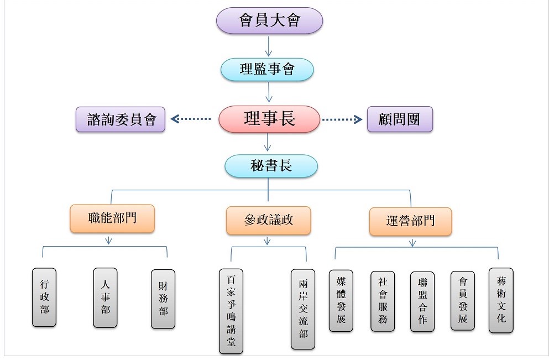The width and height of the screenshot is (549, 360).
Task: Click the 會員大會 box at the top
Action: pyautogui.click(x=269, y=21)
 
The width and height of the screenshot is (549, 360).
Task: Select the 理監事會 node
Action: pyautogui.click(x=268, y=69)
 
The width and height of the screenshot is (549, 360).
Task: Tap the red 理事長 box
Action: pyautogui.click(x=269, y=119)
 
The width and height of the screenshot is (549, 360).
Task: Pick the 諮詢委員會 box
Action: pyautogui.click(x=121, y=119)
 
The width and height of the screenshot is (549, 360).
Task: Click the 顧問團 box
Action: pyautogui.click(x=400, y=119)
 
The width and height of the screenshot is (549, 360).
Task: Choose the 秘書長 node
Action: pyautogui.click(x=271, y=166)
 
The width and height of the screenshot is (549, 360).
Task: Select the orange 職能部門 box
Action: pyautogui.click(x=112, y=218)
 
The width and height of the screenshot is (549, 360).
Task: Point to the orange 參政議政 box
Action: pyautogui.click(x=268, y=220)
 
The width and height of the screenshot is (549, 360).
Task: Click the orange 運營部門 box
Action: pyautogui.click(x=410, y=221)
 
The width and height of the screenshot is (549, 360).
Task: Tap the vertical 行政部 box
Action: pyautogui.click(x=44, y=297)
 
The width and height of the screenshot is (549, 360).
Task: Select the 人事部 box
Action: pyautogui.click(x=105, y=298)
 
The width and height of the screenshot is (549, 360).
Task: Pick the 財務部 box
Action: pyautogui.click(x=163, y=299)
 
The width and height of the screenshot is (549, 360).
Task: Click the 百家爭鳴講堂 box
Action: pyautogui.click(x=231, y=311)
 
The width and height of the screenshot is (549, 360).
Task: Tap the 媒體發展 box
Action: pyautogui.click(x=341, y=300)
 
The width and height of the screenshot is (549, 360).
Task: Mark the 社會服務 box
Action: pyautogui.click(x=383, y=301)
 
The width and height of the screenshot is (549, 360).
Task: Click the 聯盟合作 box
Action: pyautogui.click(x=422, y=301)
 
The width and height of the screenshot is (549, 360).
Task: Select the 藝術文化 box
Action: pyautogui.click(x=501, y=300)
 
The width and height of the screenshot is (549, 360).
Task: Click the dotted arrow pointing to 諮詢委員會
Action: pyautogui.click(x=191, y=119)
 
